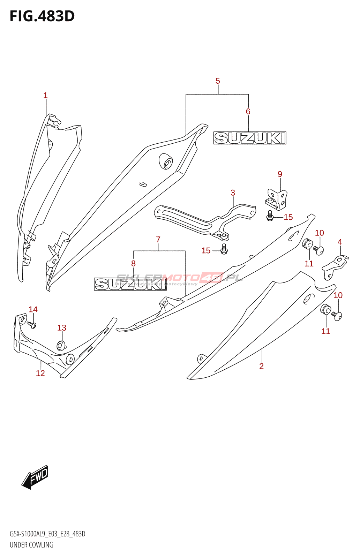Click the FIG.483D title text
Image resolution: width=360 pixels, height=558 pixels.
pyautogui.click(x=42, y=16)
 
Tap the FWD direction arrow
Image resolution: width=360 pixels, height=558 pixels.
pyautogui.click(x=35, y=477)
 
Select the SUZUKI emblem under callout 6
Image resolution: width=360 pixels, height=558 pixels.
pyautogui.click(x=250, y=138)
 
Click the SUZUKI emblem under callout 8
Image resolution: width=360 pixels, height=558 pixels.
pyautogui.click(x=130, y=284)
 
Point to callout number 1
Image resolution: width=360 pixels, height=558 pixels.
pyautogui.click(x=45, y=95)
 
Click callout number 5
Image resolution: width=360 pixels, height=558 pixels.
pyautogui.click(x=218, y=81)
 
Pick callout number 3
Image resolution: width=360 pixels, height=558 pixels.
pyautogui.click(x=233, y=193)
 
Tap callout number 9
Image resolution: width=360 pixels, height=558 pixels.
pyautogui.click(x=280, y=174)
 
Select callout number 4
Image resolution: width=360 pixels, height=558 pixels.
pyautogui.click(x=340, y=242)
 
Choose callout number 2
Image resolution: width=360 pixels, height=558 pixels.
pyautogui.click(x=261, y=366)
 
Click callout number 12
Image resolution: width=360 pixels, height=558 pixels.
pyautogui.click(x=40, y=373)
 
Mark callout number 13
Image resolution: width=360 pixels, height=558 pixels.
pyautogui.click(x=62, y=328)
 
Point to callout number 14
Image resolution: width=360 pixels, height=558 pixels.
pyautogui.click(x=33, y=309)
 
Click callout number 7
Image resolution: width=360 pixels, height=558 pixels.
pyautogui.click(x=158, y=240)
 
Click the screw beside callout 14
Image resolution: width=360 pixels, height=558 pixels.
pyautogui.click(x=32, y=325)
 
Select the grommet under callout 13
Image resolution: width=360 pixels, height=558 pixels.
pyautogui.click(x=61, y=346)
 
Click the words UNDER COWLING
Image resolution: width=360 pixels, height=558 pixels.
pyautogui.click(x=31, y=545)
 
